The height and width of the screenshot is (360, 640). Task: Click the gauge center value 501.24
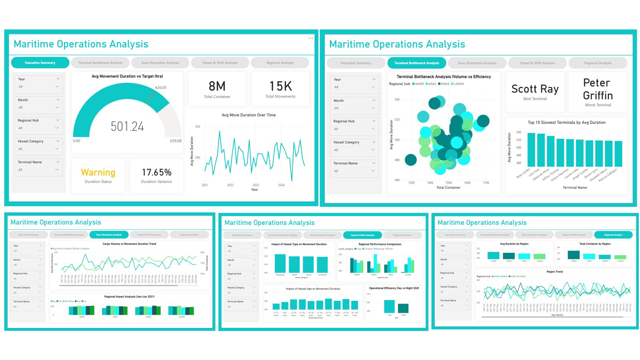(x=127, y=127)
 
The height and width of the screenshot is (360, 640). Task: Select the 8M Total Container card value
(x=217, y=86)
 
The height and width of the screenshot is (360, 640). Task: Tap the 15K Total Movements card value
(x=280, y=86)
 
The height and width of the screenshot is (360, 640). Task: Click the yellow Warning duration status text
(x=98, y=172)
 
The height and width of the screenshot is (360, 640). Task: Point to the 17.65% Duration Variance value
(x=156, y=172)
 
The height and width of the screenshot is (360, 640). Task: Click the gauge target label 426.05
(x=161, y=87)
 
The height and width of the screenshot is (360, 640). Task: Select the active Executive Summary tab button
(x=40, y=63)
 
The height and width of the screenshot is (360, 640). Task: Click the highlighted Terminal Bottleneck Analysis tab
(x=416, y=63)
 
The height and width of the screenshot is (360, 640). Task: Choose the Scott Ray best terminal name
(x=535, y=89)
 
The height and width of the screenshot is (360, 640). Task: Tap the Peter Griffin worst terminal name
(x=598, y=89)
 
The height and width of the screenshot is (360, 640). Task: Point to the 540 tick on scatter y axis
(x=397, y=100)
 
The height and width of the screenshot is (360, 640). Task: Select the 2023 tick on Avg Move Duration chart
(x=256, y=185)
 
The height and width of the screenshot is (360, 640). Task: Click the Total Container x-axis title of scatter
(x=448, y=188)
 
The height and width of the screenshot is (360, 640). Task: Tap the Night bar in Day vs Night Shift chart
(x=403, y=308)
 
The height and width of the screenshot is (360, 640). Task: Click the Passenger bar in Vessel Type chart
(x=280, y=264)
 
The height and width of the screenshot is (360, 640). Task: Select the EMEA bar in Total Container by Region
(x=574, y=255)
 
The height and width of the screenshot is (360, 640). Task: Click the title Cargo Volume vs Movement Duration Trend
(x=129, y=244)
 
